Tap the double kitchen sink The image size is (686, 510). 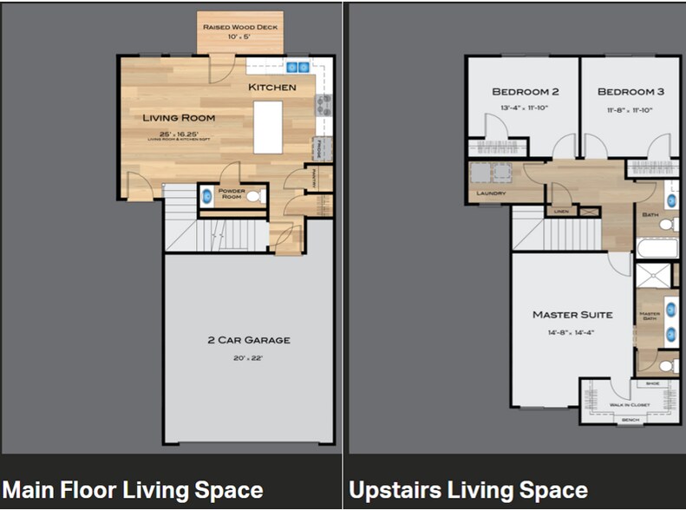click(x=298, y=67)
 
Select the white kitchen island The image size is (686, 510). click(x=268, y=127)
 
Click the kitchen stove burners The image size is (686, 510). click(x=323, y=104)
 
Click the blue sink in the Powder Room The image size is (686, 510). click(x=207, y=197)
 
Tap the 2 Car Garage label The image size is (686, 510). click(x=248, y=340)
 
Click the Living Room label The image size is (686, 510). click(x=180, y=117)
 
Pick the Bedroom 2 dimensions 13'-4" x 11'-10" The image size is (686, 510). click(x=524, y=108)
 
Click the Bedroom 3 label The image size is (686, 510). click(x=630, y=92)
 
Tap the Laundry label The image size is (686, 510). click(x=490, y=193)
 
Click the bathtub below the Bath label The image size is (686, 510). click(x=657, y=250)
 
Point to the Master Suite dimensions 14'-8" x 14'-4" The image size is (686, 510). click(x=572, y=332)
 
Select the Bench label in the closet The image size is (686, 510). click(x=630, y=420)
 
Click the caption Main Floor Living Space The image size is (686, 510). click(x=133, y=489)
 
